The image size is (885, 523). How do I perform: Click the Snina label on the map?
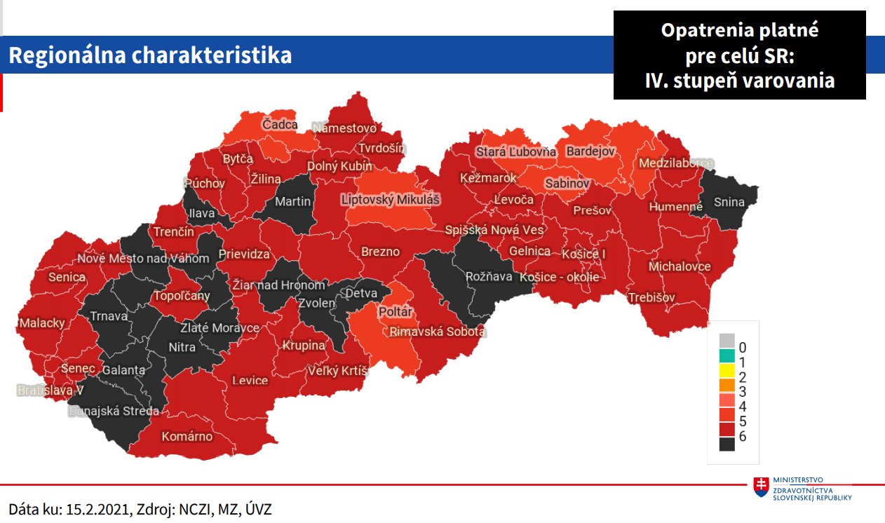coord(729,203)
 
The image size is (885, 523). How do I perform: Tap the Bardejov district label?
coord(590,151)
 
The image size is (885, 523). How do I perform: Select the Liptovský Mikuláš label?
coord(391,200)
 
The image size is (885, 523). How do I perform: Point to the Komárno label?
coord(187,437)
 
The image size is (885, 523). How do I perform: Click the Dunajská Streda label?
coord(114,412)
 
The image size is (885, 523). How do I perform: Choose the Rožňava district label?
coord(489,276)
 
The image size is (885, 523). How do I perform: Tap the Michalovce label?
coord(680,266)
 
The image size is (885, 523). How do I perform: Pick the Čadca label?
coord(280,125)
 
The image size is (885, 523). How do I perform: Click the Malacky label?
coord(42,323)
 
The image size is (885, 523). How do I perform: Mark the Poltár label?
coord(396,311)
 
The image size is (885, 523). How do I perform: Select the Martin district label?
coord(292,202)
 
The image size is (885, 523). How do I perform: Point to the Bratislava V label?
coord(50,390)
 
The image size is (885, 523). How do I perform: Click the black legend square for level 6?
coord(727,444)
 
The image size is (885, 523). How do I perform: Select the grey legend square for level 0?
coord(727,339)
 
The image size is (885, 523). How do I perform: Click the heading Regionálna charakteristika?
coord(150,55)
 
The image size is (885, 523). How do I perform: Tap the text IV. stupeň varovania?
coord(739,81)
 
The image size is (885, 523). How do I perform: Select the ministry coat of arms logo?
coord(761,487)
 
